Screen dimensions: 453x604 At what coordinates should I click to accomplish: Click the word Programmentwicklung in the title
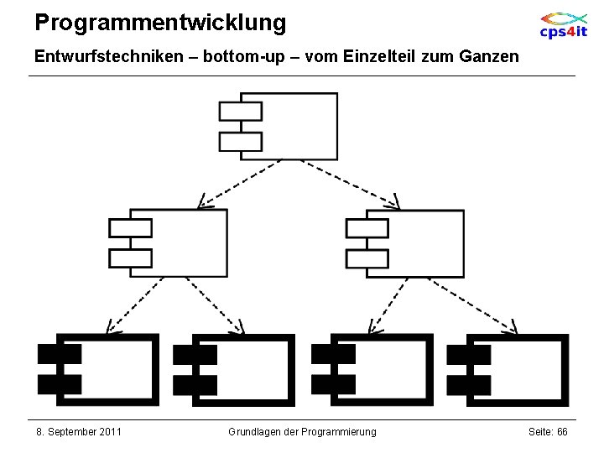[160, 23]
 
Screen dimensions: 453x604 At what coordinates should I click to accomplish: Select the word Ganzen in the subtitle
[490, 57]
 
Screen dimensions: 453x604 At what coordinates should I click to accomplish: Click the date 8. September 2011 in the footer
[79, 432]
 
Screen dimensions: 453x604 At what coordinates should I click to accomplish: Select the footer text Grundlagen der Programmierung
[302, 432]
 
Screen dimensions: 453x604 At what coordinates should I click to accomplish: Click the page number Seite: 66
[548, 432]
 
